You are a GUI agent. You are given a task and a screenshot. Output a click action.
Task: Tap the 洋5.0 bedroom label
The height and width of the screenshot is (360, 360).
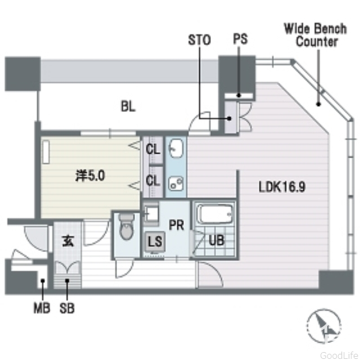91,176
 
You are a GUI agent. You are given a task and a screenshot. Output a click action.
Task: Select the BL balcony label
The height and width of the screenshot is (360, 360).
128,106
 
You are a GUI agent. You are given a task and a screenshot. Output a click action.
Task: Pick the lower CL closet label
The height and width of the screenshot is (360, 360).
152,181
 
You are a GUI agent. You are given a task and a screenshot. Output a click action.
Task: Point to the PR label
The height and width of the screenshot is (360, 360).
176,225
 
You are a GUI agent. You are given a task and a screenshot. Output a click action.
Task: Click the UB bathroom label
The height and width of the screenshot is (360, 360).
217,240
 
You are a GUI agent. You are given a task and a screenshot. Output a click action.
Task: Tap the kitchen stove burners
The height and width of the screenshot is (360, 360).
177,183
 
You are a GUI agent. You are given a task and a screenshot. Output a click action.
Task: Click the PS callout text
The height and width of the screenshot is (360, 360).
240,40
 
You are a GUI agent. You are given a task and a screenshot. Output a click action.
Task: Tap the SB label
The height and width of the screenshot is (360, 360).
67,308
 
